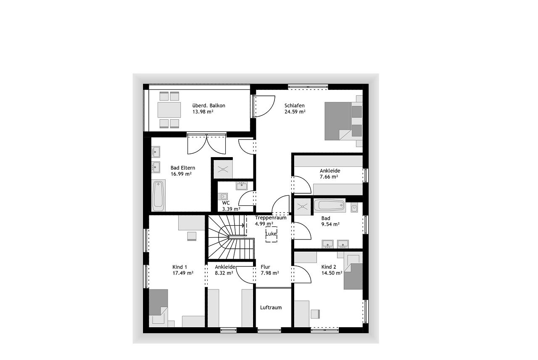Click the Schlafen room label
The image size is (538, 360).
pos(295,105)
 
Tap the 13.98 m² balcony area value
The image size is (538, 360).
pos(203,112)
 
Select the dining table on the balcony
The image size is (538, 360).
pos(169,110)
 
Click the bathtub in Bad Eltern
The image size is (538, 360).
pos(158,196)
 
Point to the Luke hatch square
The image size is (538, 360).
pos(271,234)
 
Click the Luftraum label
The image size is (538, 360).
pos(271,307)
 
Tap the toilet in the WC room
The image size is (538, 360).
pos(223,197)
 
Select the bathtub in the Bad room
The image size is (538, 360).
pos(329,205)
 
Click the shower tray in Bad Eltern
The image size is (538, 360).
pos(223,169)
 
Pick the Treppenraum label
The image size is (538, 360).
pos(271,218)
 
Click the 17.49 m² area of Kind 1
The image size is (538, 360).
pos(183,273)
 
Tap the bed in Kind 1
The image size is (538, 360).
pos(158,308)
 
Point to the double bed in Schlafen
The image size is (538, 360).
pos(343,121)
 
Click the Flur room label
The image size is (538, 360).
pos(265,267)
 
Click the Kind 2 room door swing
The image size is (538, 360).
pos(302,274)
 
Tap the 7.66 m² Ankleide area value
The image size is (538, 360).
pos(329,177)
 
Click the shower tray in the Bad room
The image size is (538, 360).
pos(303,206)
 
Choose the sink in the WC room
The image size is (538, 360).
pos(242,186)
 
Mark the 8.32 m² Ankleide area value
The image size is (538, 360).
pos(224,273)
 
